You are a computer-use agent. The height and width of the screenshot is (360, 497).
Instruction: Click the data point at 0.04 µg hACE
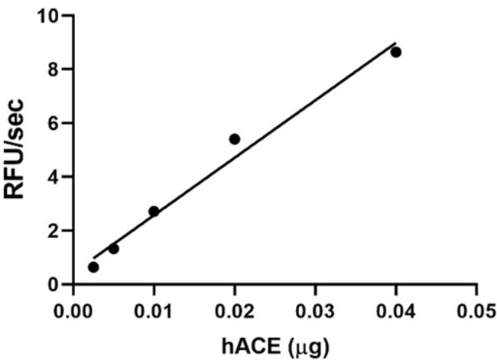coord(395,52)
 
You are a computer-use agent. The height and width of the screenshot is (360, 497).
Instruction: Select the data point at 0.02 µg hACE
coord(235,138)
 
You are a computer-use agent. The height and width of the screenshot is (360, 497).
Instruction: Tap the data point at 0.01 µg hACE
coord(154,211)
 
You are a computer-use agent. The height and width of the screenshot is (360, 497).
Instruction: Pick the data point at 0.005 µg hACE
coord(113,248)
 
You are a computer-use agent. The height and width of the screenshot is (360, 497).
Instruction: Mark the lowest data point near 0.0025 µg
coord(93,267)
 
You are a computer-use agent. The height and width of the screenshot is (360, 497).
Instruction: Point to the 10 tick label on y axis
coord(48,15)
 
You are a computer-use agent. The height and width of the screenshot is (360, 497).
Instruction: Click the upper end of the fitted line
coord(395,43)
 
